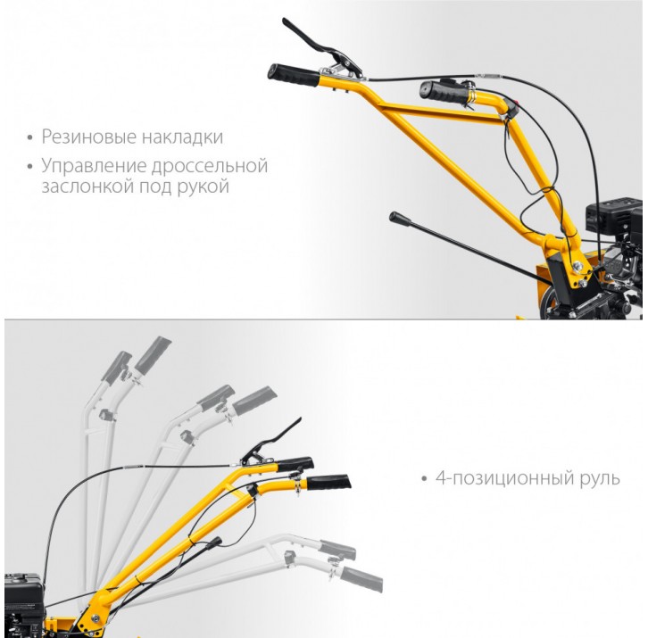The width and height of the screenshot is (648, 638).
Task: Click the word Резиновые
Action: (89, 137)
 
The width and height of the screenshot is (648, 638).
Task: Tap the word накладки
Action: (182, 137)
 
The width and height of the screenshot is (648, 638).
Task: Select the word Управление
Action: (94, 166)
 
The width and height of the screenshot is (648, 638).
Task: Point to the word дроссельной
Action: (210, 166)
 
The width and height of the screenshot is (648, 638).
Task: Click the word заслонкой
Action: (87, 186)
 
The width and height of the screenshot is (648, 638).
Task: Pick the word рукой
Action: (203, 186)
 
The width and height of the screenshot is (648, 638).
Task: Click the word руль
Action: (601, 479)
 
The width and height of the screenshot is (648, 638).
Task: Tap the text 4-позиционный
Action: (505, 478)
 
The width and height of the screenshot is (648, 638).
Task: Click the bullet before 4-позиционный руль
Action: (424, 479)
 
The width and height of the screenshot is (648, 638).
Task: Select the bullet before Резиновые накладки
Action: (29, 137)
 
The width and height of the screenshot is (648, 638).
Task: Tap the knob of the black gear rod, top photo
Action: (399, 219)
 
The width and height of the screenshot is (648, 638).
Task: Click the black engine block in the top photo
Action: (614, 256)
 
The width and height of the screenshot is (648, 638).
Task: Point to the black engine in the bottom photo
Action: (24, 604)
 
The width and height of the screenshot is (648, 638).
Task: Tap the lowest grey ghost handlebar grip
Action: (361, 579)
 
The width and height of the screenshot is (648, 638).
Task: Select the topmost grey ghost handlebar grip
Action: (153, 355)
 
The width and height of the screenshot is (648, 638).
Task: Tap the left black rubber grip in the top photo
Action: (294, 75)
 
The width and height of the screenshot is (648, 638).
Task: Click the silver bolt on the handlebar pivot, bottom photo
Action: (96, 618)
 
